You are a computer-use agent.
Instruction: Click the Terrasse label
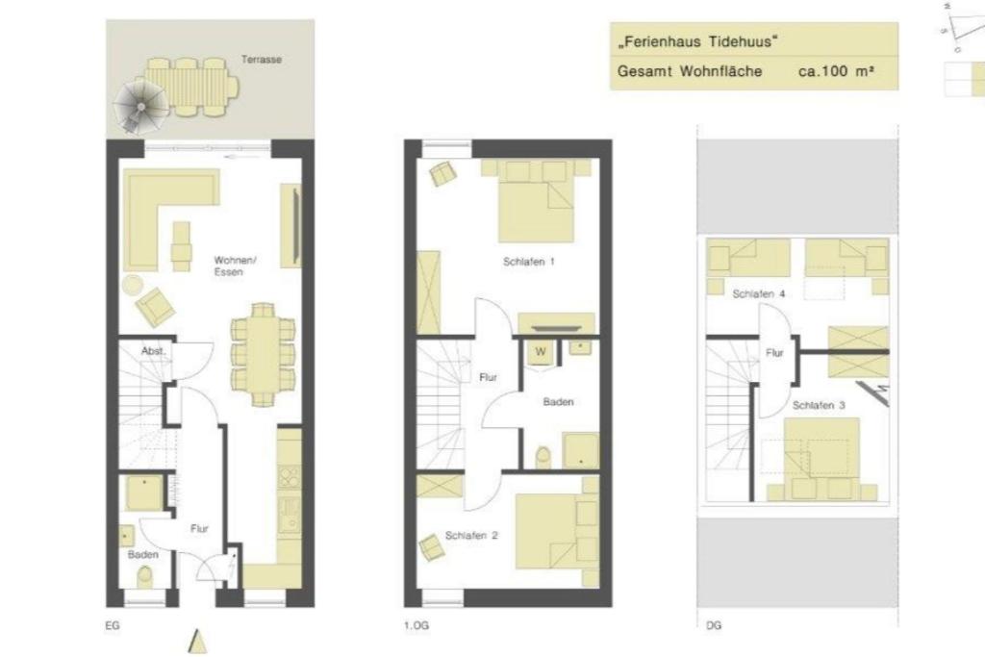pos(262,60)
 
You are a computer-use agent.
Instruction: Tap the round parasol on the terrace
pos(139,103)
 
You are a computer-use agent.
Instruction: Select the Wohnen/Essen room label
pos(235,266)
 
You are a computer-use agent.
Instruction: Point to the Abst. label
pos(154,351)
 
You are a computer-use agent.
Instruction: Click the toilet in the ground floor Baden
pos(145,577)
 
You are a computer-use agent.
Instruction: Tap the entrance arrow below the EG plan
pos(198,641)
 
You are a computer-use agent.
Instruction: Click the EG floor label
pos(113,626)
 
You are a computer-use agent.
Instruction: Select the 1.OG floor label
pos(416,626)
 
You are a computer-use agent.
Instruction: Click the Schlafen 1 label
pos(529,262)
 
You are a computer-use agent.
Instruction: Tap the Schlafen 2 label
pos(470,536)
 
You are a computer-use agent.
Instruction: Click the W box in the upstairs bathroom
pos(541,352)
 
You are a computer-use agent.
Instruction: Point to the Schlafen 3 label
pos(819,406)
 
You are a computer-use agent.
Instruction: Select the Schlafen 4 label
pos(759,293)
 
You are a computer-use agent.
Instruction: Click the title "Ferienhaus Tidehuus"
pos(696,42)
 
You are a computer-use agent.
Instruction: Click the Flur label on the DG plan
pos(774,353)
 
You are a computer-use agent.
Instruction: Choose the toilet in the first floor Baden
pos(543,455)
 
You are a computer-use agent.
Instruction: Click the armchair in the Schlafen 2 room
pos(432,547)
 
